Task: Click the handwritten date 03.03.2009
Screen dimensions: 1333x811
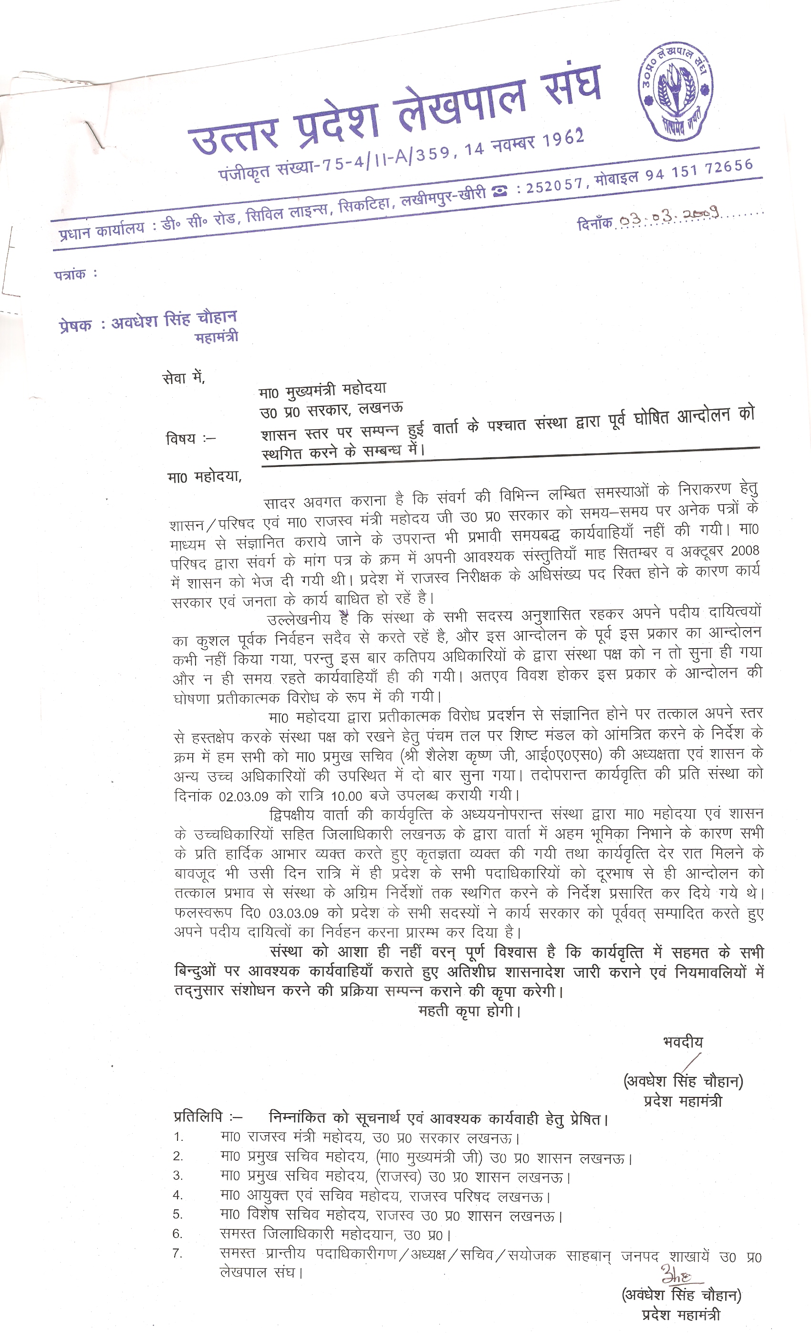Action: click(x=669, y=217)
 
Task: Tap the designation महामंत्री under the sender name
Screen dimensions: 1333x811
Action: click(x=216, y=338)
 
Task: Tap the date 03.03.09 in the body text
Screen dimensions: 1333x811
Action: click(x=294, y=914)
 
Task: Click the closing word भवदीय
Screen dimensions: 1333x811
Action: click(x=683, y=1042)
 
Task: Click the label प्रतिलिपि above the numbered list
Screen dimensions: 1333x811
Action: click(x=198, y=1117)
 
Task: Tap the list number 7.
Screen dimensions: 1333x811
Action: click(x=178, y=1253)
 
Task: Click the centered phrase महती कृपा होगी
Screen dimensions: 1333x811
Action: click(x=468, y=1011)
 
